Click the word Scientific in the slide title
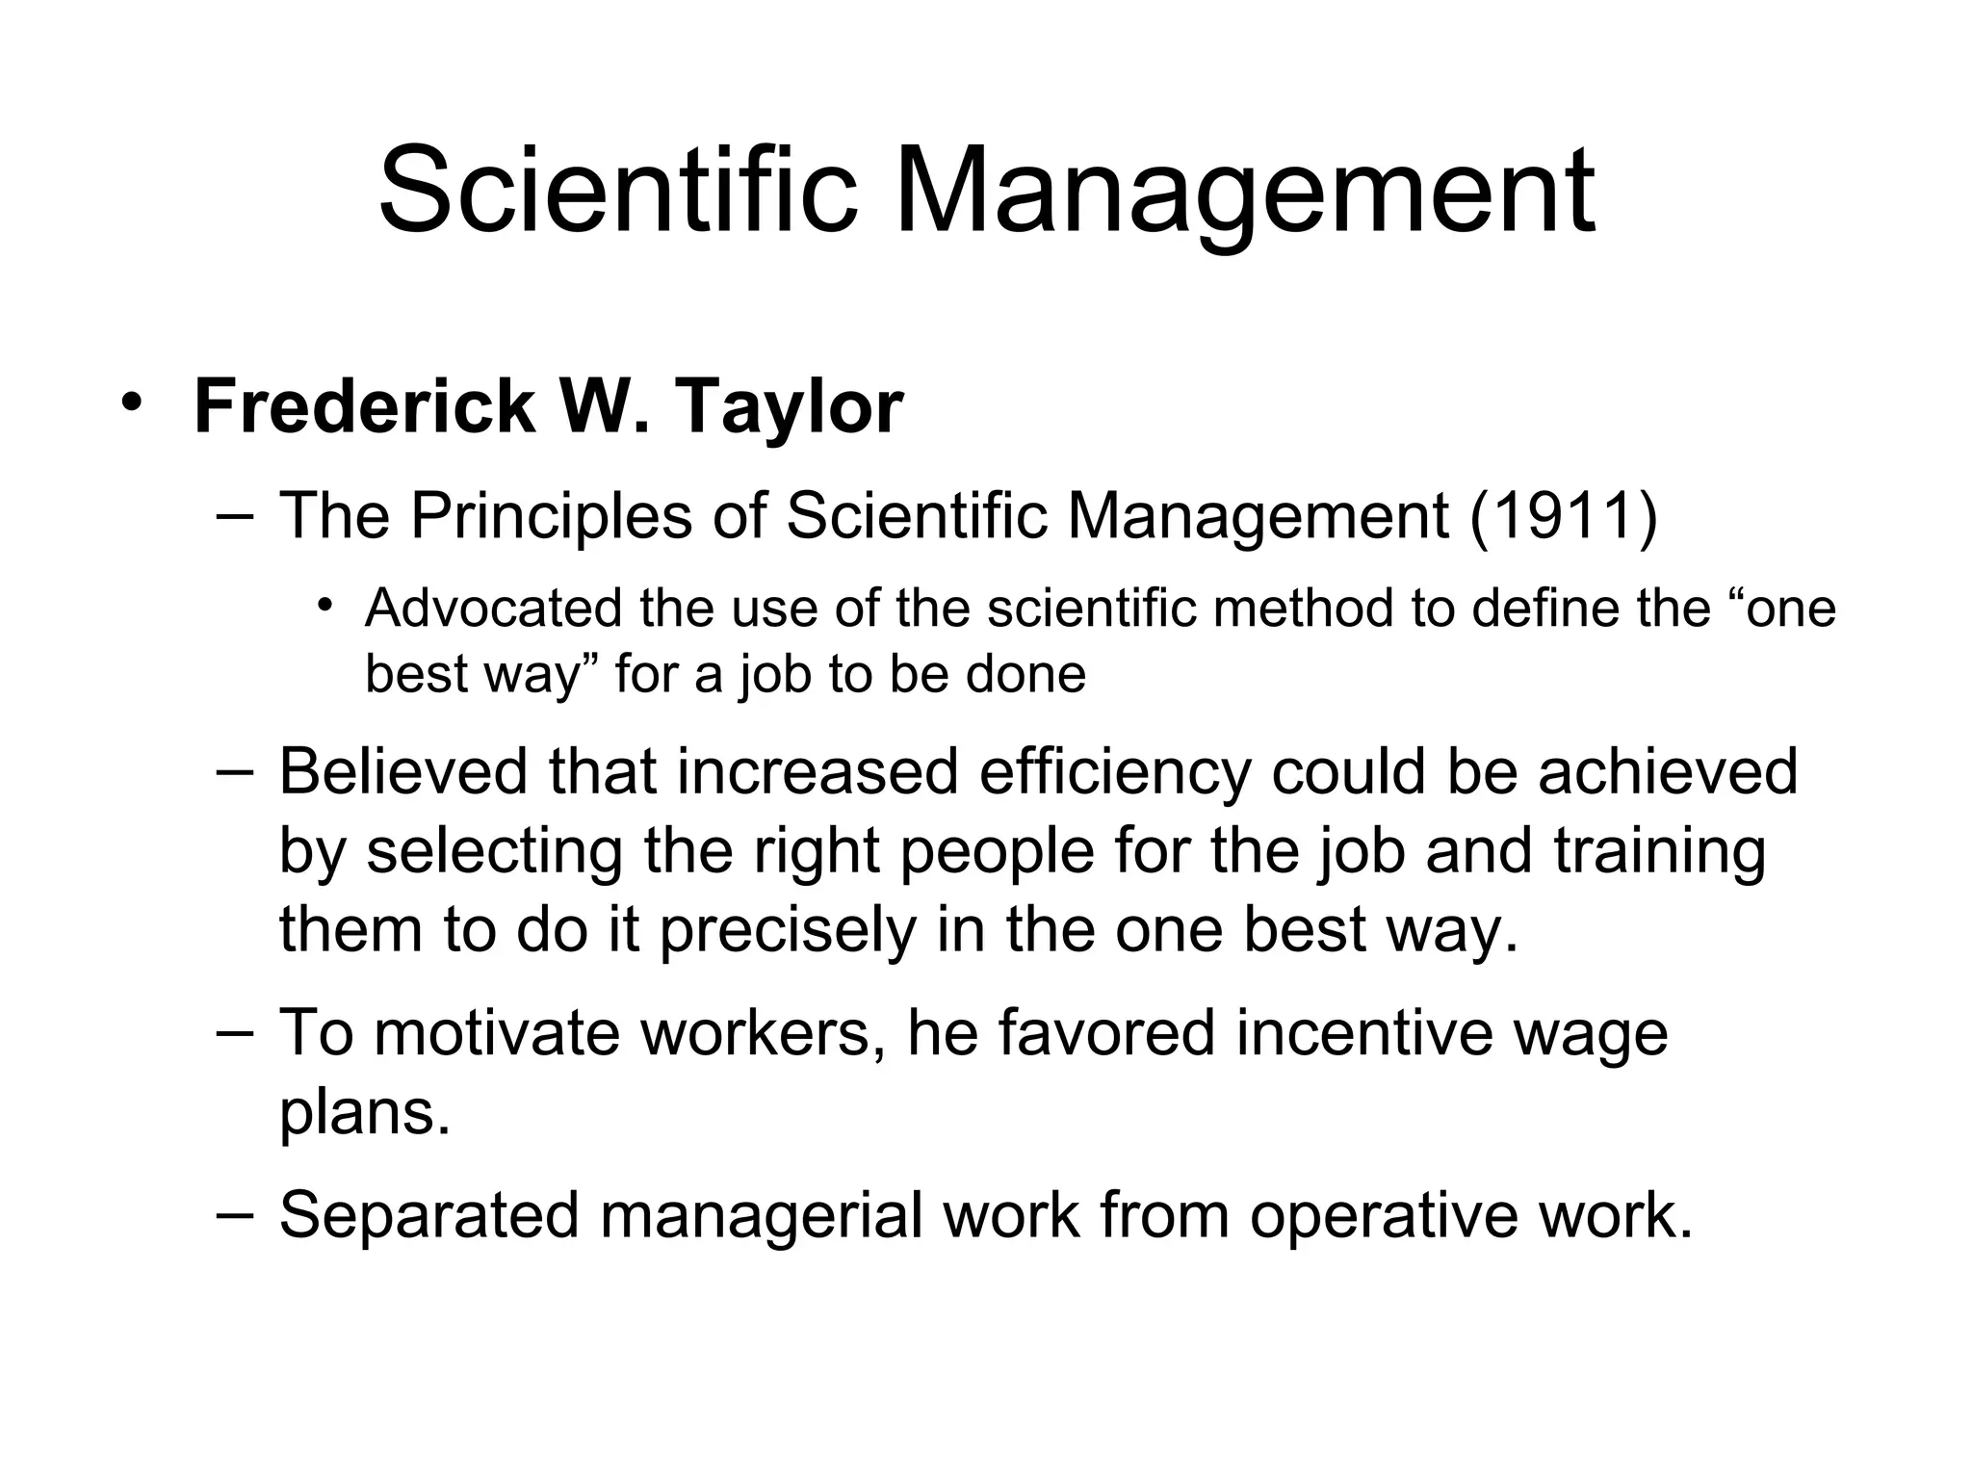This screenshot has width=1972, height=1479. [x=617, y=190]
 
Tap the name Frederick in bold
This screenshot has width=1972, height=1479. [x=364, y=407]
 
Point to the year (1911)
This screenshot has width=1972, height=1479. [x=1563, y=516]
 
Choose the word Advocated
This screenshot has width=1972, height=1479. [x=494, y=609]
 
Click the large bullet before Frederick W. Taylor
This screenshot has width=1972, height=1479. [x=131, y=402]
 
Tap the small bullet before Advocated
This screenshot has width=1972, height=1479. [x=325, y=607]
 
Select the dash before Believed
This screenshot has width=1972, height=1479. [x=236, y=771]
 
